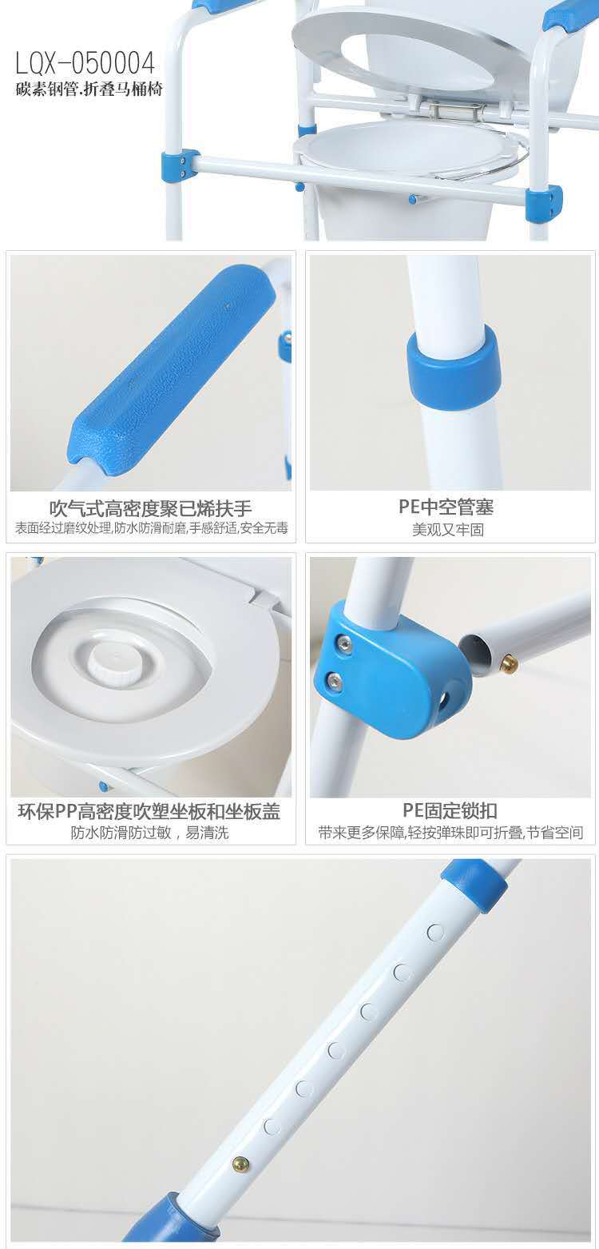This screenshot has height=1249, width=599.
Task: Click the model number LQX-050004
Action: tap(85, 64)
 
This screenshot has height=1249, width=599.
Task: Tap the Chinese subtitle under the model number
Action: tap(89, 89)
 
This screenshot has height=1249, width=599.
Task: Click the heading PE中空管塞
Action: tap(446, 507)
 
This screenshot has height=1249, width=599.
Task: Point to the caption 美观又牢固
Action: tap(448, 529)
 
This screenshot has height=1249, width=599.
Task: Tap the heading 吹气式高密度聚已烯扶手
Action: tap(150, 508)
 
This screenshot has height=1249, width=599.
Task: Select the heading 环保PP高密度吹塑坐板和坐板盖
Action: tap(149, 811)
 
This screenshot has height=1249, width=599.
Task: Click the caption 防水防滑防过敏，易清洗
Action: tap(150, 833)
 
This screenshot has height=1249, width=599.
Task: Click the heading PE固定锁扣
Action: tap(450, 811)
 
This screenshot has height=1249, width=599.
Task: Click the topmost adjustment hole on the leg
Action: tap(435, 931)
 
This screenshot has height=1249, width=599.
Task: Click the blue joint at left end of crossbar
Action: tap(180, 164)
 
